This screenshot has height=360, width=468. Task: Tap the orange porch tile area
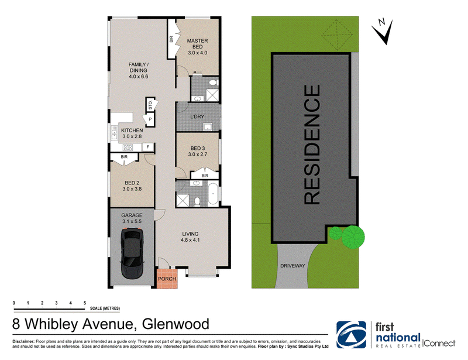pyautogui.click(x=167, y=279)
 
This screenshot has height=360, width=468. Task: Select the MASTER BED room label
pyautogui.click(x=197, y=44)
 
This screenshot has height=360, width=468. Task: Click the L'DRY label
pyautogui.click(x=197, y=116)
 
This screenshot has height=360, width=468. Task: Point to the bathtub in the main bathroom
pyautogui.click(x=213, y=194)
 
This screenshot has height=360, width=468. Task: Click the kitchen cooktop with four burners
pyautogui.click(x=128, y=148)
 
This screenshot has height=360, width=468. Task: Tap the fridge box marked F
pyautogui.click(x=148, y=147)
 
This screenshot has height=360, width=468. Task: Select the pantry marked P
pyautogui.click(x=150, y=119)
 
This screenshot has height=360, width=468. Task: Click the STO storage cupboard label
pyautogui.click(x=150, y=105)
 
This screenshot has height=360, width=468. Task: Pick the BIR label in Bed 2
pyautogui.click(x=124, y=157)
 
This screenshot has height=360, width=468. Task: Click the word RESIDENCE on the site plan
pyautogui.click(x=312, y=145)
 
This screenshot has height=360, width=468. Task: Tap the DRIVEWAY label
pyautogui.click(x=292, y=266)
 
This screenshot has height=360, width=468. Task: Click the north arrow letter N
pyautogui.click(x=381, y=22)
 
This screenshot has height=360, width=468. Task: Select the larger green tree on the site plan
pyautogui.click(x=353, y=237)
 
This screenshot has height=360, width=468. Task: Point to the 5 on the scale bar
pyautogui.click(x=85, y=303)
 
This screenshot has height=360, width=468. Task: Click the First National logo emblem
pyautogui.click(x=352, y=335)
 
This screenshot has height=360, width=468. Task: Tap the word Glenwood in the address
pyautogui.click(x=175, y=324)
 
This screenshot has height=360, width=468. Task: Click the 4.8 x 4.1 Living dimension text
pyautogui.click(x=190, y=240)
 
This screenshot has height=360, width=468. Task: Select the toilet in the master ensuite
pyautogui.click(x=213, y=82)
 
